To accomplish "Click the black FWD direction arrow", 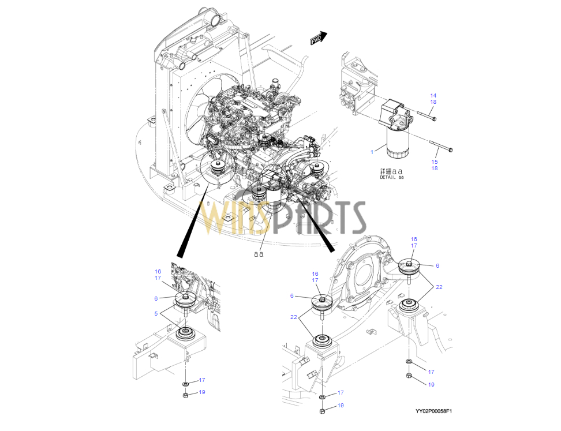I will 318,38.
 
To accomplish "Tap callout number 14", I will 433,95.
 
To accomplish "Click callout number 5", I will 156,313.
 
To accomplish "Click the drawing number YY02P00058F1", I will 433,411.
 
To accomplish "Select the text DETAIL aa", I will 392,178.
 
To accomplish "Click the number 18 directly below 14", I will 433,102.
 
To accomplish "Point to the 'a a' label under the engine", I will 258,253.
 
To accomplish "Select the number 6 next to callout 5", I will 156,298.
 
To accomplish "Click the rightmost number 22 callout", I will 439,287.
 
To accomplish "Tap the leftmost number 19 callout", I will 202,392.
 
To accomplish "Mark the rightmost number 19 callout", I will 431,384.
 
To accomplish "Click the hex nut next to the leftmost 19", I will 186,395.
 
